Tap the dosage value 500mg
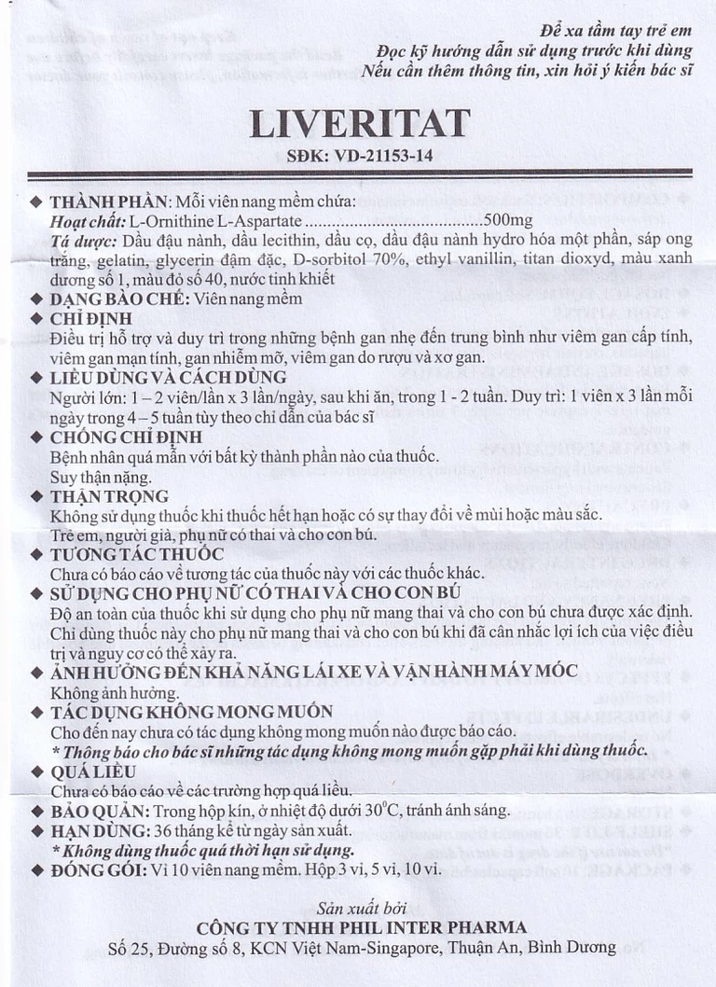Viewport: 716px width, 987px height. pyautogui.click(x=508, y=220)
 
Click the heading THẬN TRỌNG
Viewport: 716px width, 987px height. pyautogui.click(x=109, y=496)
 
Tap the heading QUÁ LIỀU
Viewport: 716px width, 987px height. pyautogui.click(x=93, y=772)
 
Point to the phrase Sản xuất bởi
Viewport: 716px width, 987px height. pyautogui.click(x=360, y=907)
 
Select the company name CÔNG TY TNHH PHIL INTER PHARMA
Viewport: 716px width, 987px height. pyautogui.click(x=362, y=927)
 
